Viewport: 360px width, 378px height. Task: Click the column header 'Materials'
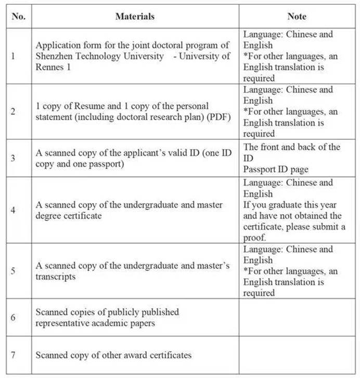135,17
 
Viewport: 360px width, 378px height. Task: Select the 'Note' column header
297,17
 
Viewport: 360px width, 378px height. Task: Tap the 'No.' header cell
18,17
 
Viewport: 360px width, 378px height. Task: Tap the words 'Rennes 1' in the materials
52,67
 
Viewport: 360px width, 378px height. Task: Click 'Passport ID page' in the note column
276,170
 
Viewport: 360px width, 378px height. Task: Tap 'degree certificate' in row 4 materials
68,216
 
